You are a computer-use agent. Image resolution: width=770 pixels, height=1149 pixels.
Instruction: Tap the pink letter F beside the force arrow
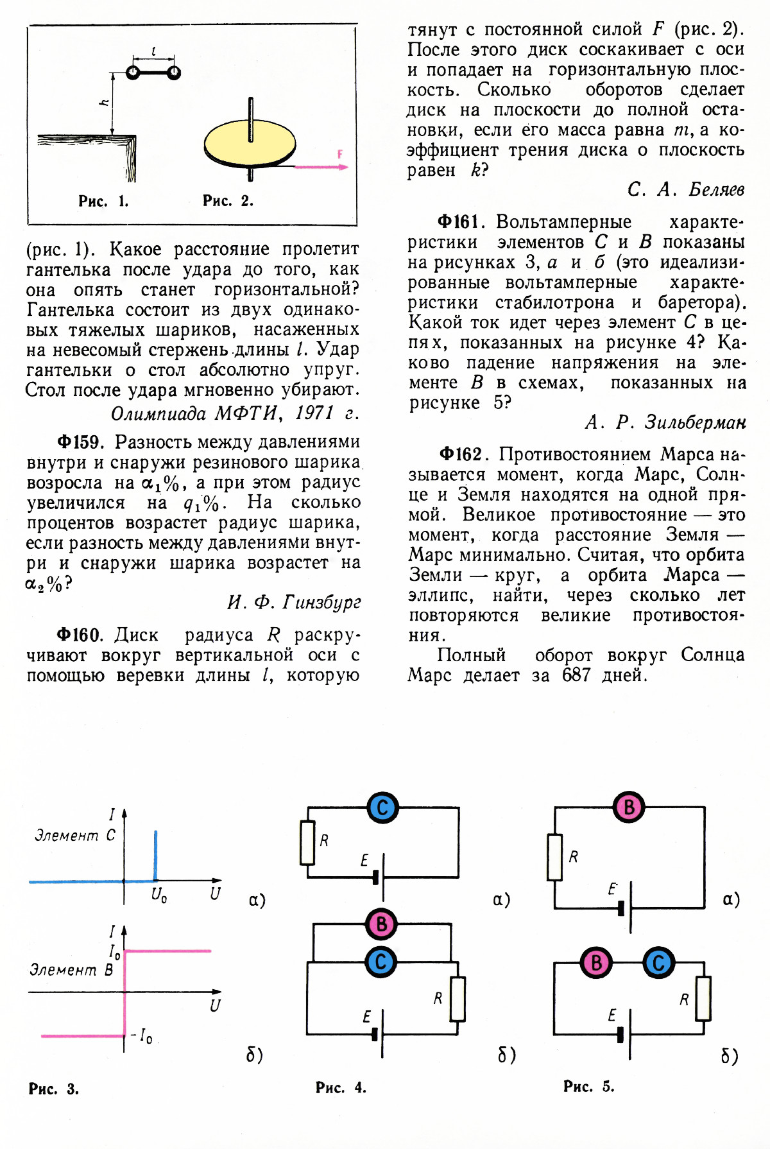[x=340, y=154]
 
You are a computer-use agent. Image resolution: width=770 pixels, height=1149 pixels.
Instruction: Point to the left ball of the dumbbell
[x=133, y=73]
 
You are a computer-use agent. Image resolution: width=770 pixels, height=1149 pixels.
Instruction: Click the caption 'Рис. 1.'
[x=103, y=202]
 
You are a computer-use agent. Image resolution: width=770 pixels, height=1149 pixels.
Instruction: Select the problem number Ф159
[x=80, y=442]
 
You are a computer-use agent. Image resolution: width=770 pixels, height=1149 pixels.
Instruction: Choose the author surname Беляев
[x=716, y=189]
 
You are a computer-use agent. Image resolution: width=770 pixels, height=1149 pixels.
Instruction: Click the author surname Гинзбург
[x=321, y=602]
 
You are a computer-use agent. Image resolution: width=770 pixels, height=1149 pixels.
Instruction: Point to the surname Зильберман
[x=695, y=422]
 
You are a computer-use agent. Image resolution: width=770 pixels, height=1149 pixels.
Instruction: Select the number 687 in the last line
[x=576, y=675]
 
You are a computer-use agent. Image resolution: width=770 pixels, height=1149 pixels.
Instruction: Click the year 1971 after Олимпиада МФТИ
[x=314, y=413]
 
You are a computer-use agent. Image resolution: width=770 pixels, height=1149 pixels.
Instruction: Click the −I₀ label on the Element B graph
[x=142, y=1036]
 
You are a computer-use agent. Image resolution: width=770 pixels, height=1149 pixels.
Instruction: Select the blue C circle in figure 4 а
[x=383, y=808]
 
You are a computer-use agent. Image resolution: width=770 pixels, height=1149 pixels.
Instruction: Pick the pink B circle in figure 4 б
[x=382, y=924]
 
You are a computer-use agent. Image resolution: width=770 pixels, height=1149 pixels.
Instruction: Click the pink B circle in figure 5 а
[x=629, y=807]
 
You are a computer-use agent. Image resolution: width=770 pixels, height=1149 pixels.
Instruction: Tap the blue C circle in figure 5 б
[x=658, y=963]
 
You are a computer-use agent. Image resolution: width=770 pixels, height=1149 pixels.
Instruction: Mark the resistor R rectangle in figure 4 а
[x=307, y=842]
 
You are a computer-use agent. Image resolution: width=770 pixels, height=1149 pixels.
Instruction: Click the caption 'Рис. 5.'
[x=588, y=1086]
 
